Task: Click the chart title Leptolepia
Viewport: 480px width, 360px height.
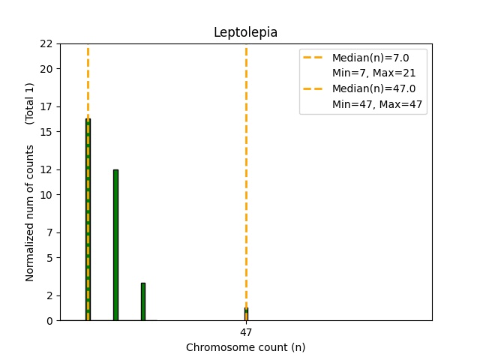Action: (x=245, y=32)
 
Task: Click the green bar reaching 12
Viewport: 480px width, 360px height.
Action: (x=115, y=244)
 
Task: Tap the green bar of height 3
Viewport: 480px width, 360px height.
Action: (x=142, y=301)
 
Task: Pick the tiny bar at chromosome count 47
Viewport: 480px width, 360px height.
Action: (x=246, y=314)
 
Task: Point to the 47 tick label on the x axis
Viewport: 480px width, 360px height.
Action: (x=246, y=332)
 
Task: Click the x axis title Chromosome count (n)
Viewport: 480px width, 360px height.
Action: (x=245, y=347)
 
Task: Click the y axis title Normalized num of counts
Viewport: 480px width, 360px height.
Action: (x=30, y=213)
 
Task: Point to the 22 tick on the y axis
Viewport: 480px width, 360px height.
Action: (x=47, y=43)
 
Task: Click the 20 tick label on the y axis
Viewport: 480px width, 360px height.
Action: (x=47, y=69)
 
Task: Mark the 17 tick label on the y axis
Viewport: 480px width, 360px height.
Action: (x=47, y=106)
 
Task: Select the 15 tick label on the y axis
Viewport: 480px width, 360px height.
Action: (x=47, y=132)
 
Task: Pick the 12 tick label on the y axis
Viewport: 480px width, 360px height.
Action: (x=47, y=169)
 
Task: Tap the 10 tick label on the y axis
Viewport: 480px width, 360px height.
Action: (x=47, y=195)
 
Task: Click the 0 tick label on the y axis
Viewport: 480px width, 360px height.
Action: (x=49, y=321)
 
